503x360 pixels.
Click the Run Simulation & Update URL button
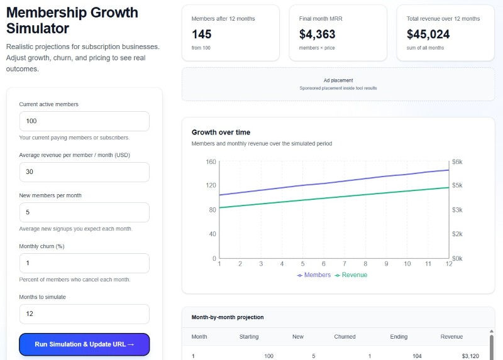click(84, 344)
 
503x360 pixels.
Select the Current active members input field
click(84, 121)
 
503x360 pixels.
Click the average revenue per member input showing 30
click(84, 172)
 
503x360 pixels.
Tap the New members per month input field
click(84, 212)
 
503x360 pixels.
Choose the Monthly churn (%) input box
click(84, 263)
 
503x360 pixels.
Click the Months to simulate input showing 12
click(84, 314)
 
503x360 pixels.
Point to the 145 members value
click(202, 35)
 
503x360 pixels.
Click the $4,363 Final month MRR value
click(318, 35)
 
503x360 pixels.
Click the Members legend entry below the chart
click(314, 275)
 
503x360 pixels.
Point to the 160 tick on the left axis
click(211, 162)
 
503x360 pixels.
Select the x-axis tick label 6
click(323, 264)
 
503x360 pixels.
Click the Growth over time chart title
click(221, 133)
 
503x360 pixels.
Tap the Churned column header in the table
click(345, 337)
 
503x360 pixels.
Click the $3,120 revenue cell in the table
click(470, 356)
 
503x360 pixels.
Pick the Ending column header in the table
click(399, 337)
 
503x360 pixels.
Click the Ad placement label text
click(338, 80)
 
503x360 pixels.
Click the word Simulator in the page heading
click(38, 29)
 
